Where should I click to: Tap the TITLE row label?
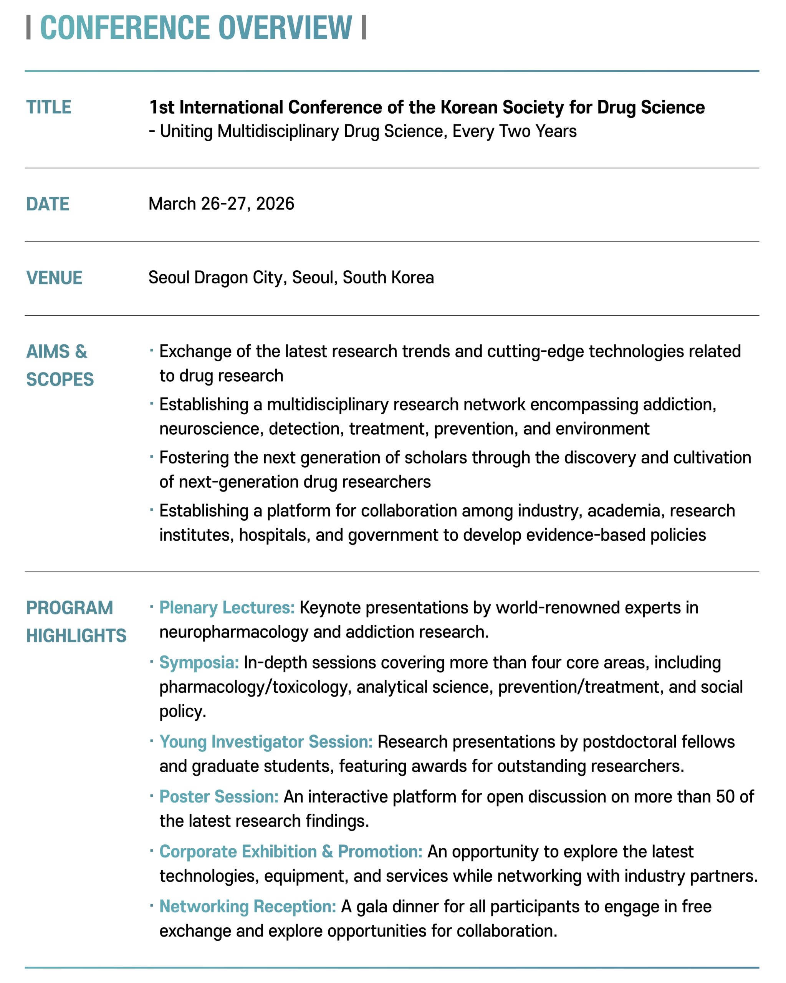(49, 107)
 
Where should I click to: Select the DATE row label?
(48, 204)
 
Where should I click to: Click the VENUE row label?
(54, 278)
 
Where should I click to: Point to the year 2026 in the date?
(275, 204)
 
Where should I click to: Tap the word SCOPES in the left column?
(60, 379)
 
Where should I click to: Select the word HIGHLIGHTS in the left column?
(76, 635)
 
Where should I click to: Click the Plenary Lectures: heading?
(227, 607)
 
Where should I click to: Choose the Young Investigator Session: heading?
(266, 741)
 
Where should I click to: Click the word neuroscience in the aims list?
(211, 429)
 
